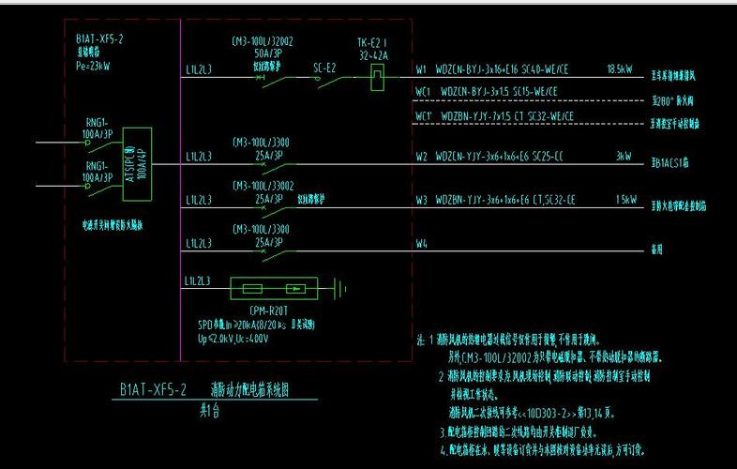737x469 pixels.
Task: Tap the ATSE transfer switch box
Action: click(x=137, y=163)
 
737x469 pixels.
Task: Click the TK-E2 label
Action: click(x=372, y=44)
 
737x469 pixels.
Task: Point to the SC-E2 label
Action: click(x=324, y=67)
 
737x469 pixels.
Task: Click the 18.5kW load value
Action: click(x=619, y=69)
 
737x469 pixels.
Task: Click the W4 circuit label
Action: click(x=421, y=247)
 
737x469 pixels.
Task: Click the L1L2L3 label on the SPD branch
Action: click(x=199, y=280)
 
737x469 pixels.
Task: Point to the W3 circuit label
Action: click(x=421, y=201)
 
